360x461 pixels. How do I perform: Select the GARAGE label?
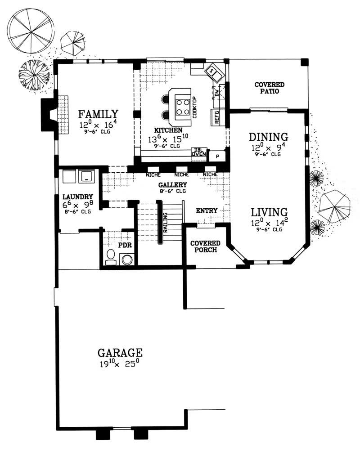(x=120, y=352)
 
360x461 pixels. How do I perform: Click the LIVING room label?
(x=269, y=211)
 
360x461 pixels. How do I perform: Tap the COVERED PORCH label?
(x=205, y=246)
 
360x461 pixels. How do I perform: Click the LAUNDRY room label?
(x=78, y=197)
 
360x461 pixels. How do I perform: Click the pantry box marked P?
(x=217, y=156)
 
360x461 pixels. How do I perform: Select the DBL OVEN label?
(x=198, y=153)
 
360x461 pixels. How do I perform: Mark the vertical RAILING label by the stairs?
(x=165, y=222)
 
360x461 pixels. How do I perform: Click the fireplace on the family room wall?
(x=48, y=116)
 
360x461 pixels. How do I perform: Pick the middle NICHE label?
(x=181, y=175)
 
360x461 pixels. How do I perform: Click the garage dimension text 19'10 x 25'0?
(x=120, y=363)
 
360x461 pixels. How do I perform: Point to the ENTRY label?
(x=207, y=210)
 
